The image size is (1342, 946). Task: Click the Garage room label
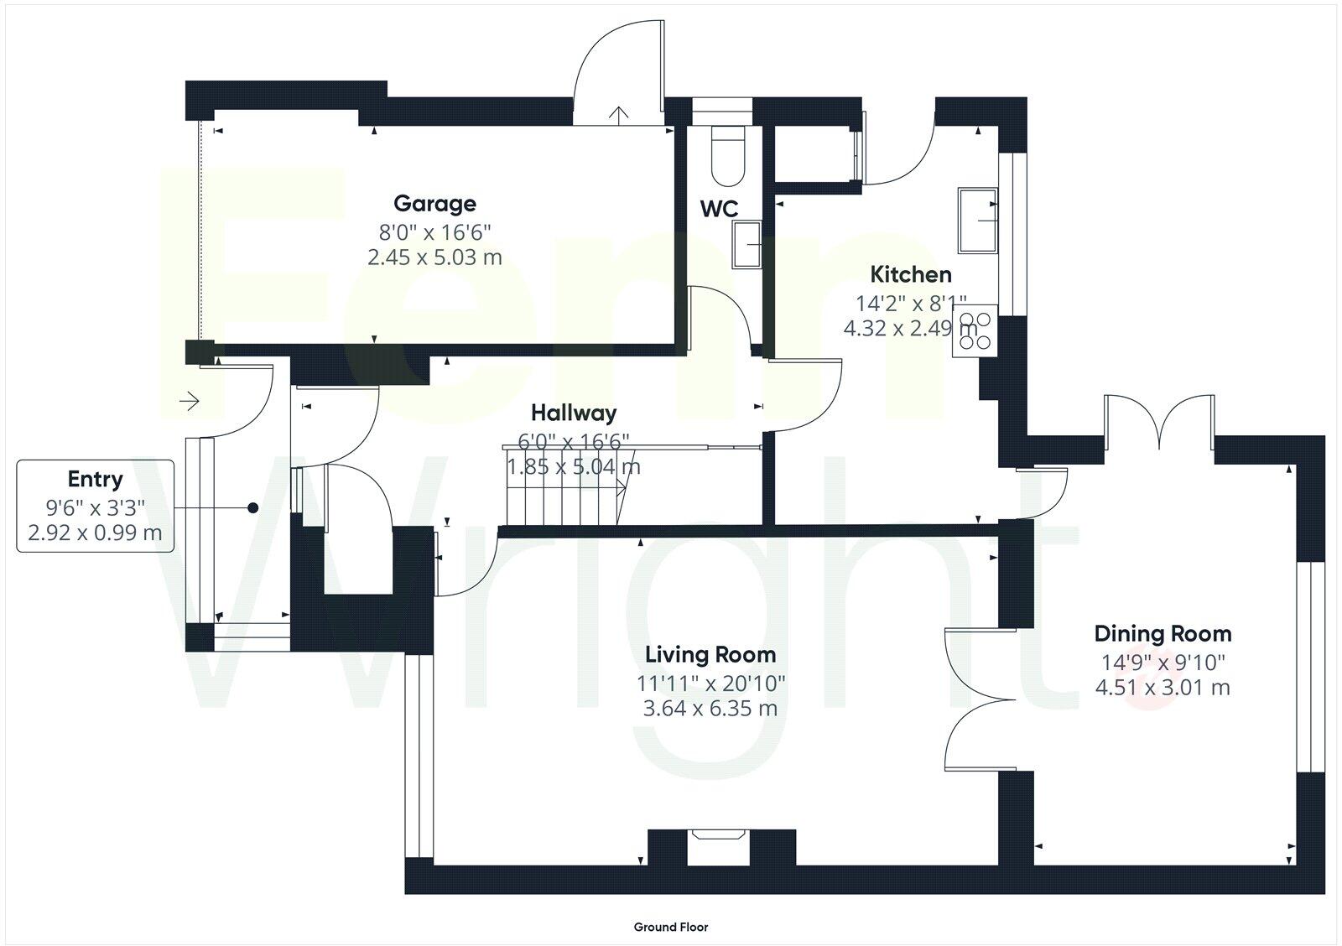click(x=434, y=203)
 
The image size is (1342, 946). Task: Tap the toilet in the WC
click(x=727, y=155)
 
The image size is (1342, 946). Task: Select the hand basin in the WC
click(x=746, y=245)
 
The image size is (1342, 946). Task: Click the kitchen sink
click(x=978, y=221)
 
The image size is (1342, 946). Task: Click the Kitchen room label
click(x=910, y=274)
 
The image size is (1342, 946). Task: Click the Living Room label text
click(x=710, y=654)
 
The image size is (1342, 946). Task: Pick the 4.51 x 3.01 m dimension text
click(x=1162, y=688)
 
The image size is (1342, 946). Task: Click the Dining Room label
click(x=1162, y=633)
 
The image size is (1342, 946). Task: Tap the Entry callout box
click(x=95, y=506)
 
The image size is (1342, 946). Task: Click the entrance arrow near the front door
click(x=189, y=402)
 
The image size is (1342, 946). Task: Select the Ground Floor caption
click(x=670, y=927)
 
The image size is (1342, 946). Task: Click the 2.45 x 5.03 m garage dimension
click(x=434, y=257)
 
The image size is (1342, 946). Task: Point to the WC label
click(x=719, y=208)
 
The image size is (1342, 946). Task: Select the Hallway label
click(x=574, y=413)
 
